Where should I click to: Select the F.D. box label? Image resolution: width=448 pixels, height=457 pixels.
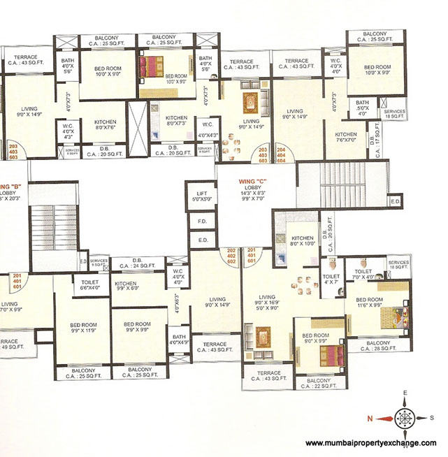(203, 222)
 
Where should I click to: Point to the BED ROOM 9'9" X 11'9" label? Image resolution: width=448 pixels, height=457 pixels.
(82, 328)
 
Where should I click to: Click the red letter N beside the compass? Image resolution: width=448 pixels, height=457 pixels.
(364, 418)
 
